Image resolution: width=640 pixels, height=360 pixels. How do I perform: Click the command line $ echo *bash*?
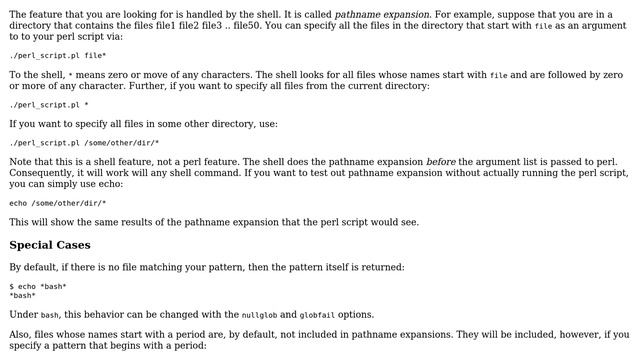click(38, 286)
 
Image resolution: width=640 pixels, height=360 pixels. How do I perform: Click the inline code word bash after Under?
click(55, 315)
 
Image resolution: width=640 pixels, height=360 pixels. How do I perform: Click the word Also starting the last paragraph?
click(22, 335)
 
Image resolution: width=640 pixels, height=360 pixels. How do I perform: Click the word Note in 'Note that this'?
click(21, 162)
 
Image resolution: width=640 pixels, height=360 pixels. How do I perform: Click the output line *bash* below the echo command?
click(23, 295)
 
